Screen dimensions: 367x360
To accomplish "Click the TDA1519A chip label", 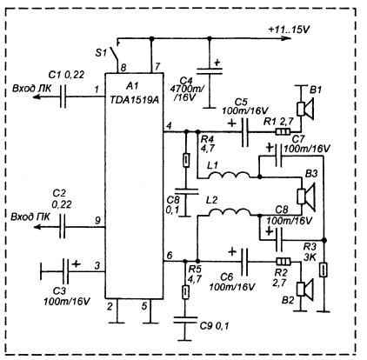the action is click(x=135, y=99).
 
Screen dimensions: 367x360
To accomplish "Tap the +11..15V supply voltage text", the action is click(x=289, y=30).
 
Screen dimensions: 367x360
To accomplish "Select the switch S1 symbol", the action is click(x=116, y=54).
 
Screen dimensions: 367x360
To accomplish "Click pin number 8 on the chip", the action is click(x=123, y=68).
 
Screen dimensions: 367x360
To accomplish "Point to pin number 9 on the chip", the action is click(x=97, y=221).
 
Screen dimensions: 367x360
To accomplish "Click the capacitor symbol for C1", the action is click(x=63, y=97).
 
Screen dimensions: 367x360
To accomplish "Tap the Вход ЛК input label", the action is click(x=32, y=89).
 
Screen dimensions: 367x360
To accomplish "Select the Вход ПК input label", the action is click(x=30, y=217).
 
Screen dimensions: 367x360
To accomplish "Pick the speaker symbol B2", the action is click(x=304, y=290).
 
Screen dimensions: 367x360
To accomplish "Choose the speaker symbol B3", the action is click(x=306, y=197).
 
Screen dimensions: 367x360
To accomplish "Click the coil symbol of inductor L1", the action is click(x=229, y=176).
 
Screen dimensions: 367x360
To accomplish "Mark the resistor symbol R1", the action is click(x=283, y=132).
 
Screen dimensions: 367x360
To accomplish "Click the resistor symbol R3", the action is click(x=323, y=270).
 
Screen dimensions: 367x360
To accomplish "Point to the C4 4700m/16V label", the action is click(x=188, y=89).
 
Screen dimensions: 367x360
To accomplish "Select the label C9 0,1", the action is click(x=215, y=326).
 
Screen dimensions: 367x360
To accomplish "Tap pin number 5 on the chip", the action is click(x=144, y=306).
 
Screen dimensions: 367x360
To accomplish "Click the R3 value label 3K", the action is click(x=310, y=257).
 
